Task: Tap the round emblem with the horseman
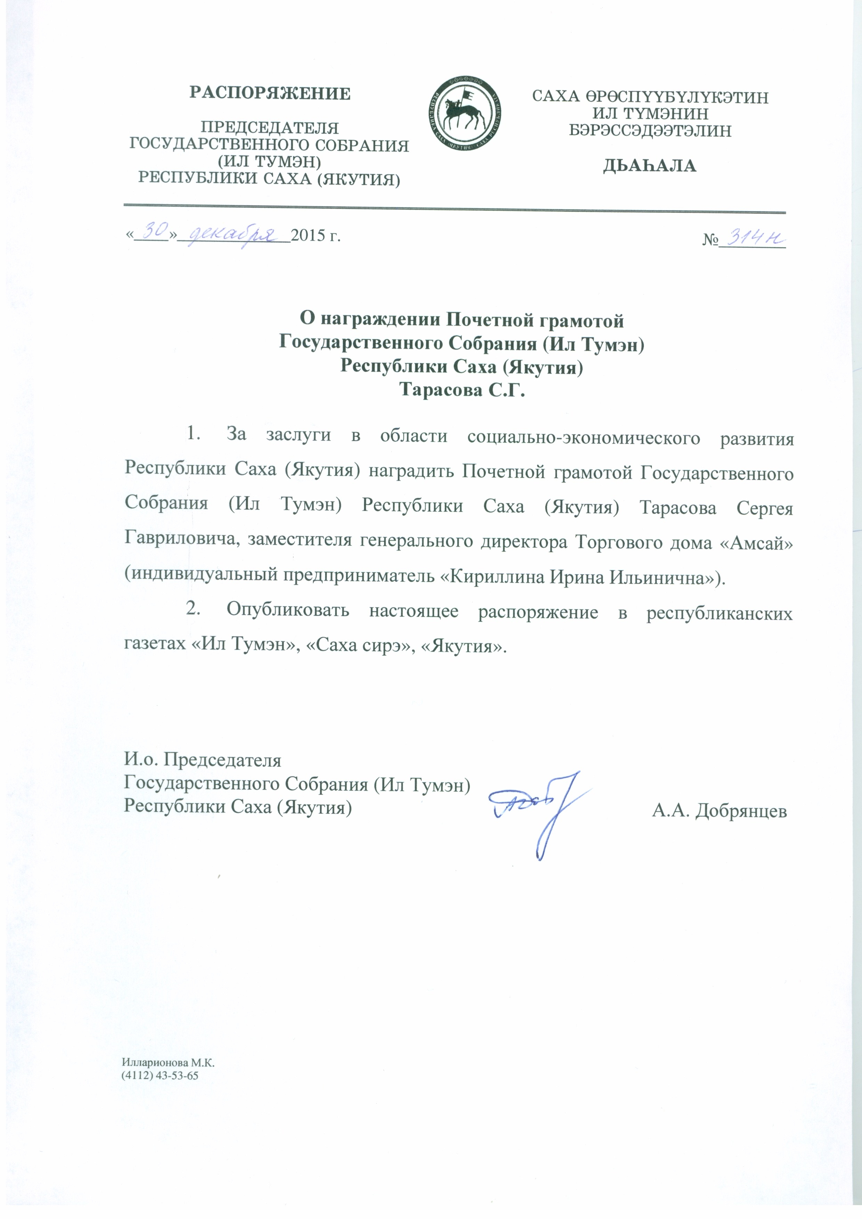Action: point(465,114)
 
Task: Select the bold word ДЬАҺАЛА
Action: point(650,166)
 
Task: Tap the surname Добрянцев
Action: point(741,811)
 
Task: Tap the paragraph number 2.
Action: point(192,610)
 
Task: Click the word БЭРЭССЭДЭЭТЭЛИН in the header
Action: point(650,131)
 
